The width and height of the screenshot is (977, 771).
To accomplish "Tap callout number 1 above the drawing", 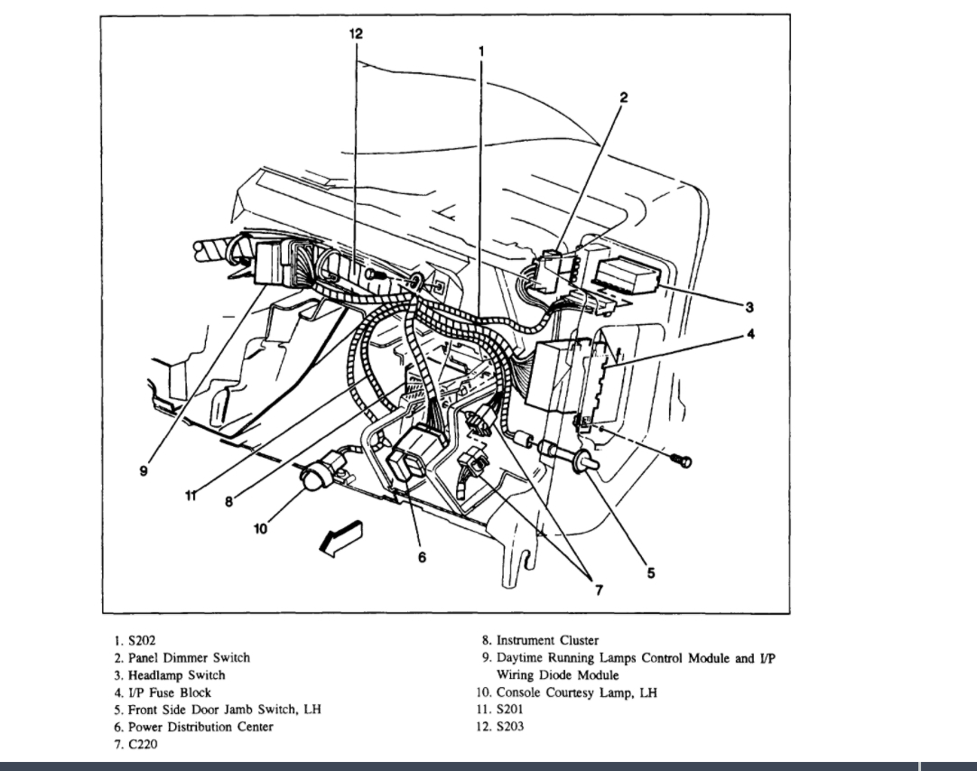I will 482,51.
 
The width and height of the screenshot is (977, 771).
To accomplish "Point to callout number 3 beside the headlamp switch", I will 748,305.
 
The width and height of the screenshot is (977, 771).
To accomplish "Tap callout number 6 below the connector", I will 422,557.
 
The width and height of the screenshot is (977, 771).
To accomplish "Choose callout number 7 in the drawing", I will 597,590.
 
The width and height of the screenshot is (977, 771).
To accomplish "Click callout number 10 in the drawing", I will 261,529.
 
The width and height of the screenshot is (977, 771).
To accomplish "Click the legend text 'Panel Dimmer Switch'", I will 189,658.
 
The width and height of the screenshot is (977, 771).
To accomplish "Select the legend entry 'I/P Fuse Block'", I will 169,692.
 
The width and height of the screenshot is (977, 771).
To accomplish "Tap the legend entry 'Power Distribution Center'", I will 200,727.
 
